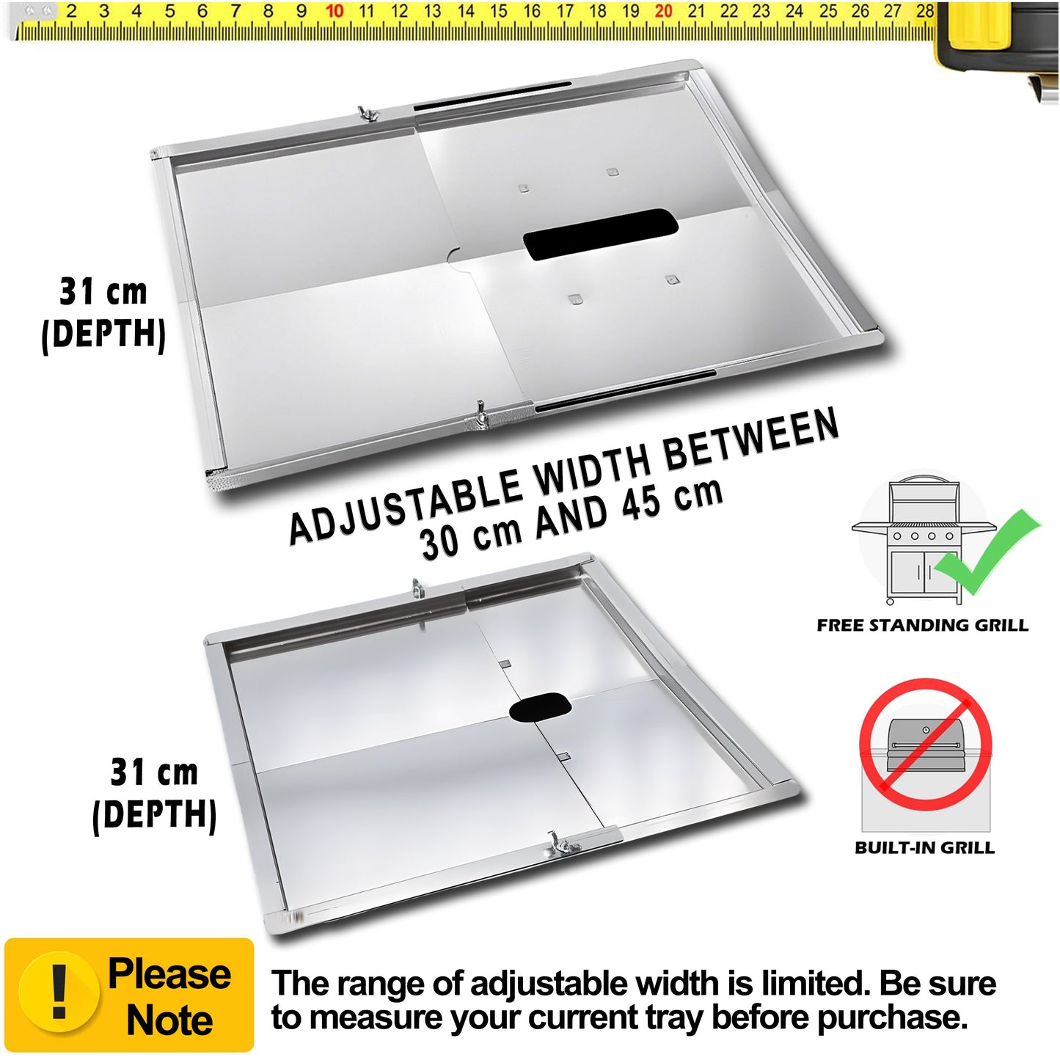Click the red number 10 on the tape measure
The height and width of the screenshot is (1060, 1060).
click(x=335, y=12)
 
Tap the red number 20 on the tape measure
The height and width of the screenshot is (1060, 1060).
click(x=663, y=12)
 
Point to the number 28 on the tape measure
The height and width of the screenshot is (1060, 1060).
click(x=925, y=12)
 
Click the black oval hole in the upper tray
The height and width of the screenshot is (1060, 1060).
click(x=600, y=233)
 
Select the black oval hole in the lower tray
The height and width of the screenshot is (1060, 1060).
click(x=541, y=707)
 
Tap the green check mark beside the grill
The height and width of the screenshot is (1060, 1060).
click(x=987, y=552)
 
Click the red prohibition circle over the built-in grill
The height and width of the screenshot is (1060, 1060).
click(x=925, y=744)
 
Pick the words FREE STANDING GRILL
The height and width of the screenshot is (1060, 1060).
click(x=922, y=625)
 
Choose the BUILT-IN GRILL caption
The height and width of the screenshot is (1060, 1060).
click(x=924, y=848)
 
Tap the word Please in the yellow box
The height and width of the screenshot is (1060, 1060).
click(x=169, y=974)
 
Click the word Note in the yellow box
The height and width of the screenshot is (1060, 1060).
click(x=169, y=1021)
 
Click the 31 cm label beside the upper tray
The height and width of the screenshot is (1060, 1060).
click(x=103, y=292)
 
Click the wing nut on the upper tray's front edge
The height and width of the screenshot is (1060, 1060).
click(x=480, y=414)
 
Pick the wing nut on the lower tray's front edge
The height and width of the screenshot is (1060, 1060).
click(x=558, y=845)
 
